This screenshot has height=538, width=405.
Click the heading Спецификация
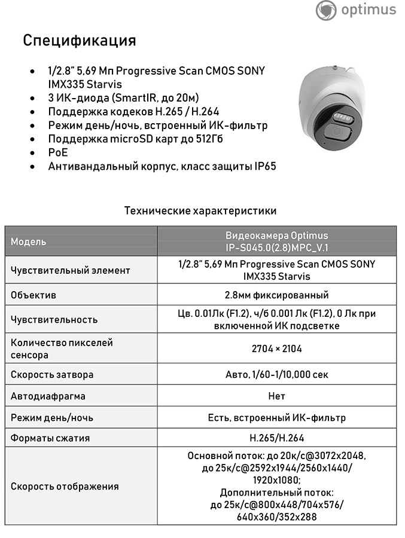pos(80,41)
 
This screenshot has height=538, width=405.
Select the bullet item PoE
pos(58,153)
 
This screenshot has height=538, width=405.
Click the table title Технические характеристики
pos(200,211)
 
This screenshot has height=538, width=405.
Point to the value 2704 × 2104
pos(276,349)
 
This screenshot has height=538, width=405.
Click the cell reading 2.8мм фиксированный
pos(276,295)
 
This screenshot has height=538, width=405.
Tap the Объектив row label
pos(34,295)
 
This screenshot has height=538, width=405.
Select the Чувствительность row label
pos(54,319)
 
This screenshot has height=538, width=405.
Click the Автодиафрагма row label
pos(48,396)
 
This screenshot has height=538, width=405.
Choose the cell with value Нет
pos(276,396)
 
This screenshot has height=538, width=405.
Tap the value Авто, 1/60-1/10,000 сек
pos(276,375)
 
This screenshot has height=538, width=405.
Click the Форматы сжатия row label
pos(50,438)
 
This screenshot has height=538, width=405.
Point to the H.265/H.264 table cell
pos(276,438)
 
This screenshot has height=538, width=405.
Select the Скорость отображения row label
pos(65,487)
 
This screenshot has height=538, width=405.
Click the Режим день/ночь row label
pos(52,418)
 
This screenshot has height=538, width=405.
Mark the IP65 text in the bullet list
pos(263,167)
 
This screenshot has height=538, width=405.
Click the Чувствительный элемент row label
pos(70,270)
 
